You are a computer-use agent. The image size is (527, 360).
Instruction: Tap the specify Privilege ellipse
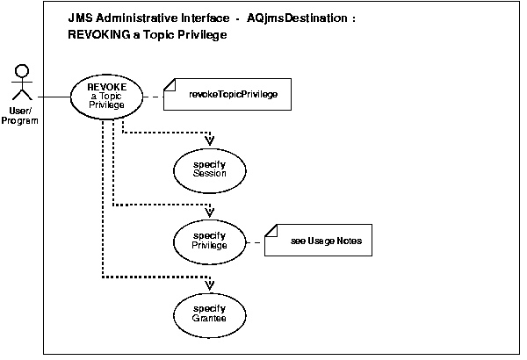click(x=210, y=241)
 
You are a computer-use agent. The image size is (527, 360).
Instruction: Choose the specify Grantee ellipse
click(x=210, y=313)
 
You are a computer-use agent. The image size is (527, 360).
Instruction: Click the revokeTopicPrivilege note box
click(x=234, y=94)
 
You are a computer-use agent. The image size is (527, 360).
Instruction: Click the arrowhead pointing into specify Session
click(x=210, y=140)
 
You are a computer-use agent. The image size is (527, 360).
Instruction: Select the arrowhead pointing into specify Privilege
click(x=210, y=212)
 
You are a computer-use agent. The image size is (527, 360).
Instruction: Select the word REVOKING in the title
click(x=99, y=35)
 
